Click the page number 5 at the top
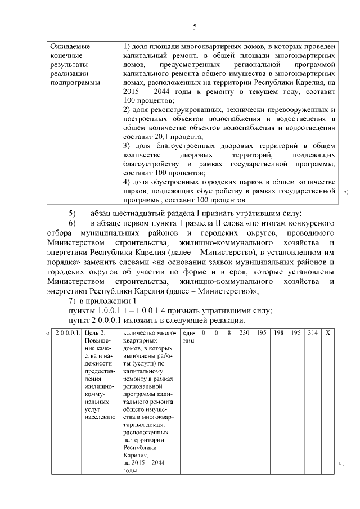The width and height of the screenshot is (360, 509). point(195,26)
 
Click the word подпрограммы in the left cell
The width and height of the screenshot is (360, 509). point(74,83)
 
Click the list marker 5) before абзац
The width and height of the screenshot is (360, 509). point(72,213)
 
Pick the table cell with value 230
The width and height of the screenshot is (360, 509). point(244,334)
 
